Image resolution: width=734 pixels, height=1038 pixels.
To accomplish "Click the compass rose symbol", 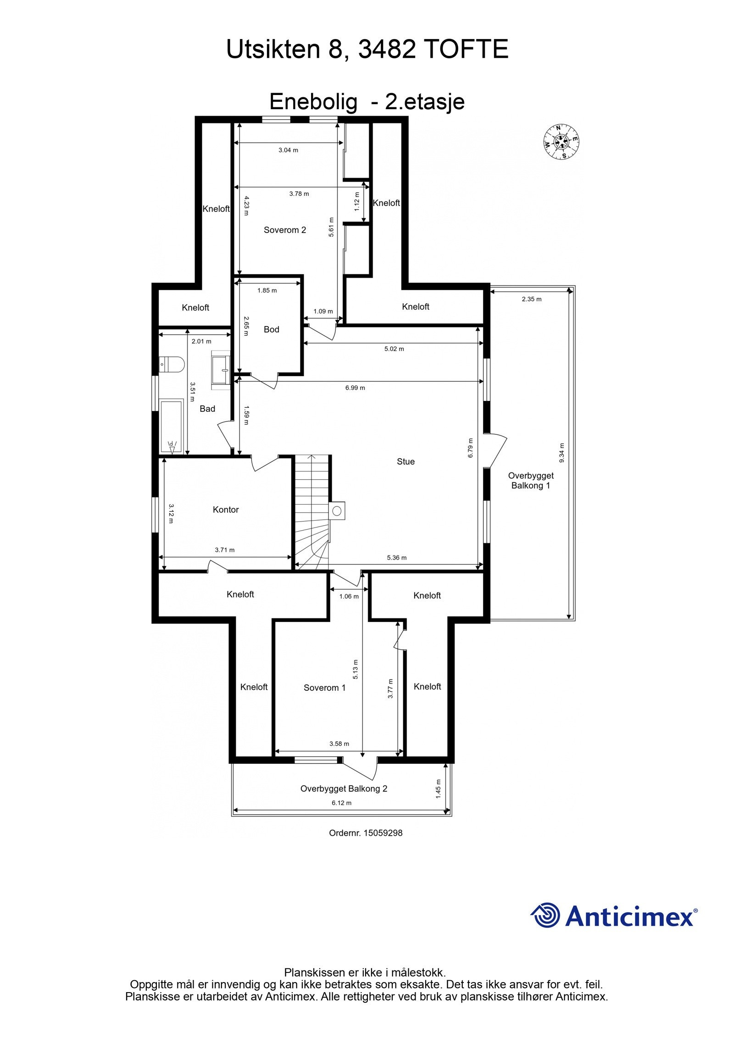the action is click(x=561, y=142).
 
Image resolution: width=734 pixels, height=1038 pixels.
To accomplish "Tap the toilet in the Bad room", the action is click(x=172, y=364).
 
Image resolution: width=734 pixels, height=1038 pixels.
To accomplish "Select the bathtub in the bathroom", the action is click(x=172, y=427).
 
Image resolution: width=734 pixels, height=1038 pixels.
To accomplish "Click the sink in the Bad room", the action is click(x=221, y=369).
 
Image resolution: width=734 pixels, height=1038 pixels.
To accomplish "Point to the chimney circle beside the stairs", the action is click(x=337, y=511).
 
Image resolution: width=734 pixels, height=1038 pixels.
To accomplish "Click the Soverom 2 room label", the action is click(x=285, y=230).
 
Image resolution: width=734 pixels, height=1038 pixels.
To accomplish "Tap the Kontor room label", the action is click(x=226, y=510).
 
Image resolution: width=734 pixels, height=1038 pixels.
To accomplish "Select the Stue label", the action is click(x=406, y=461).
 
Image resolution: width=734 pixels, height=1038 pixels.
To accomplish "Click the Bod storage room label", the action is click(x=272, y=329).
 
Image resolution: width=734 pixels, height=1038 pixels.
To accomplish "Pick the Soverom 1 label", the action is click(x=325, y=688).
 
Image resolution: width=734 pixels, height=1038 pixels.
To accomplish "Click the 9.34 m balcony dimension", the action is click(x=562, y=453).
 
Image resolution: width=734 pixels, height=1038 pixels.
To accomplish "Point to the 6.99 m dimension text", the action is click(x=356, y=388).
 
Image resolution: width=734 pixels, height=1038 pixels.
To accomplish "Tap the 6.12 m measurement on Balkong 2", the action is click(x=342, y=803).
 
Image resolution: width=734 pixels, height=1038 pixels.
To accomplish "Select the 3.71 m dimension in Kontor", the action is click(x=225, y=550).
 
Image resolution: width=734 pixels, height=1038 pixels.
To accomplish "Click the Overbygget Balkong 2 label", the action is click(x=344, y=788).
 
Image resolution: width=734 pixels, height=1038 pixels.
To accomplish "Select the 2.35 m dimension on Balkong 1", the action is click(x=532, y=299).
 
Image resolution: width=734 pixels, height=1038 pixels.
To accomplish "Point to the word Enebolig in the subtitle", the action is click(x=313, y=102).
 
